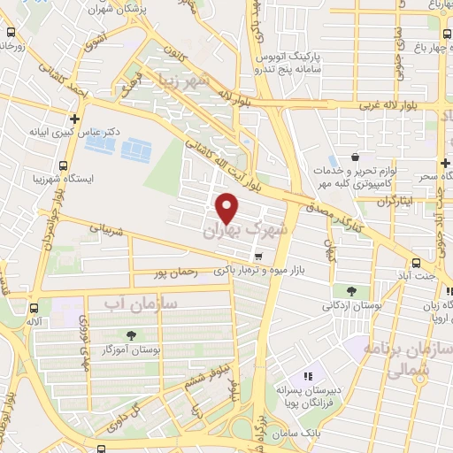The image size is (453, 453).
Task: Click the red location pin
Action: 228,207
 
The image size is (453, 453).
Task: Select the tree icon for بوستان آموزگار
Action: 132,335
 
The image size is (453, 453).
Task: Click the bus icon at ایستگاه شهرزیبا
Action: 64,165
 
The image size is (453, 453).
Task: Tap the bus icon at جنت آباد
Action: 417,262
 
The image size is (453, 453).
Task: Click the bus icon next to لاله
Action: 35,309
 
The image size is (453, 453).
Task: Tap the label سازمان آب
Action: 141,303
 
